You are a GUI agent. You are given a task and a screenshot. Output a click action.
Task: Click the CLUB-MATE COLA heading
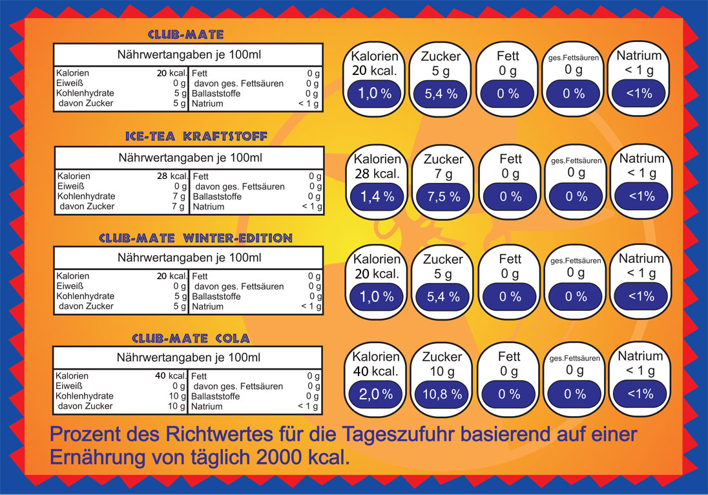[x=191, y=338]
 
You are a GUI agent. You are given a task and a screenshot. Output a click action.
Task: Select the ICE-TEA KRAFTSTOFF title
[x=187, y=136]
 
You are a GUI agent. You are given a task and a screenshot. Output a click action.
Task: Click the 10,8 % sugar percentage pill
[x=443, y=394]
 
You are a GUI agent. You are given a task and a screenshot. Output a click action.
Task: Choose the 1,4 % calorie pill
[x=376, y=197]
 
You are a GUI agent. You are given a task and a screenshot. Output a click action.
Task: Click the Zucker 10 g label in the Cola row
[x=443, y=364]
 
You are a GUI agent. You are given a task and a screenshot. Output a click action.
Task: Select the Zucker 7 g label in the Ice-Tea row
[x=443, y=166]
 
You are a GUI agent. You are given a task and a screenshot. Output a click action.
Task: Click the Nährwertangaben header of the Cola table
[x=188, y=357]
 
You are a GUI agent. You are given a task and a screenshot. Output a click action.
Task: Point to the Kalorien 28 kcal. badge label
[x=376, y=166]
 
